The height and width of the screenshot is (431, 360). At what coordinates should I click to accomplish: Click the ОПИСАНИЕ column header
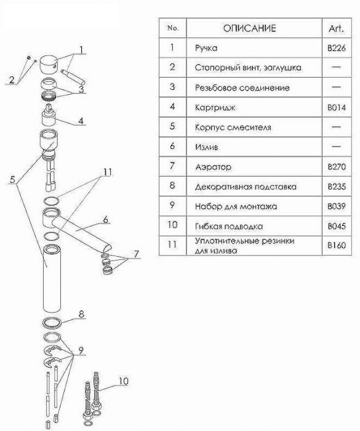[x=249, y=28]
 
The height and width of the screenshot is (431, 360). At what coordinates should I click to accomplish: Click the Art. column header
[x=337, y=28]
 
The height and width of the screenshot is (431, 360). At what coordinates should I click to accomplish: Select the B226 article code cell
[x=337, y=48]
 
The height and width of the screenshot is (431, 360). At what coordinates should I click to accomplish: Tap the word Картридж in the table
[x=215, y=108]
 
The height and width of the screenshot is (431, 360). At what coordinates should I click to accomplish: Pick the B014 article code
[x=337, y=108]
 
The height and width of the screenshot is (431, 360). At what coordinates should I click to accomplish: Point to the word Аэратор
[x=214, y=167]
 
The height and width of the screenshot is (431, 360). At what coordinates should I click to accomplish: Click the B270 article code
[x=337, y=167]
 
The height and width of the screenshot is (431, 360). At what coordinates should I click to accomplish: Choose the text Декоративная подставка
[x=246, y=187]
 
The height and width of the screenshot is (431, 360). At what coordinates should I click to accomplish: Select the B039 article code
[x=337, y=206]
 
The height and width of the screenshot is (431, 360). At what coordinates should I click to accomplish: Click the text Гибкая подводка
[x=229, y=227]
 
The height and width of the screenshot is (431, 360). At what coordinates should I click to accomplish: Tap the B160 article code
[x=337, y=245]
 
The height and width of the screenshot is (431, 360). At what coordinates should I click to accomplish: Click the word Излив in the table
[x=207, y=147]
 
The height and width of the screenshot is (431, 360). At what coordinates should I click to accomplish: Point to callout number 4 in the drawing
[x=81, y=121]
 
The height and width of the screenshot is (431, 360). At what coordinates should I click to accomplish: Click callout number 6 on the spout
[x=105, y=220]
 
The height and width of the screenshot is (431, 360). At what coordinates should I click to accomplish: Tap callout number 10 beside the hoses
[x=124, y=381]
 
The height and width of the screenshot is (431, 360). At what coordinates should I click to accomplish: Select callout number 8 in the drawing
[x=81, y=314]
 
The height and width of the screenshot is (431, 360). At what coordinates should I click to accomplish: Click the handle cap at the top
[x=49, y=65]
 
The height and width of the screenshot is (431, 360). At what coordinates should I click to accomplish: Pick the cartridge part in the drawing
[x=49, y=115]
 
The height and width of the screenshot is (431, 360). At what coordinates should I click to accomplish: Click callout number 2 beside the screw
[x=12, y=79]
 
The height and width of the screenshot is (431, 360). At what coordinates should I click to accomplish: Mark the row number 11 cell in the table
[x=172, y=244]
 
